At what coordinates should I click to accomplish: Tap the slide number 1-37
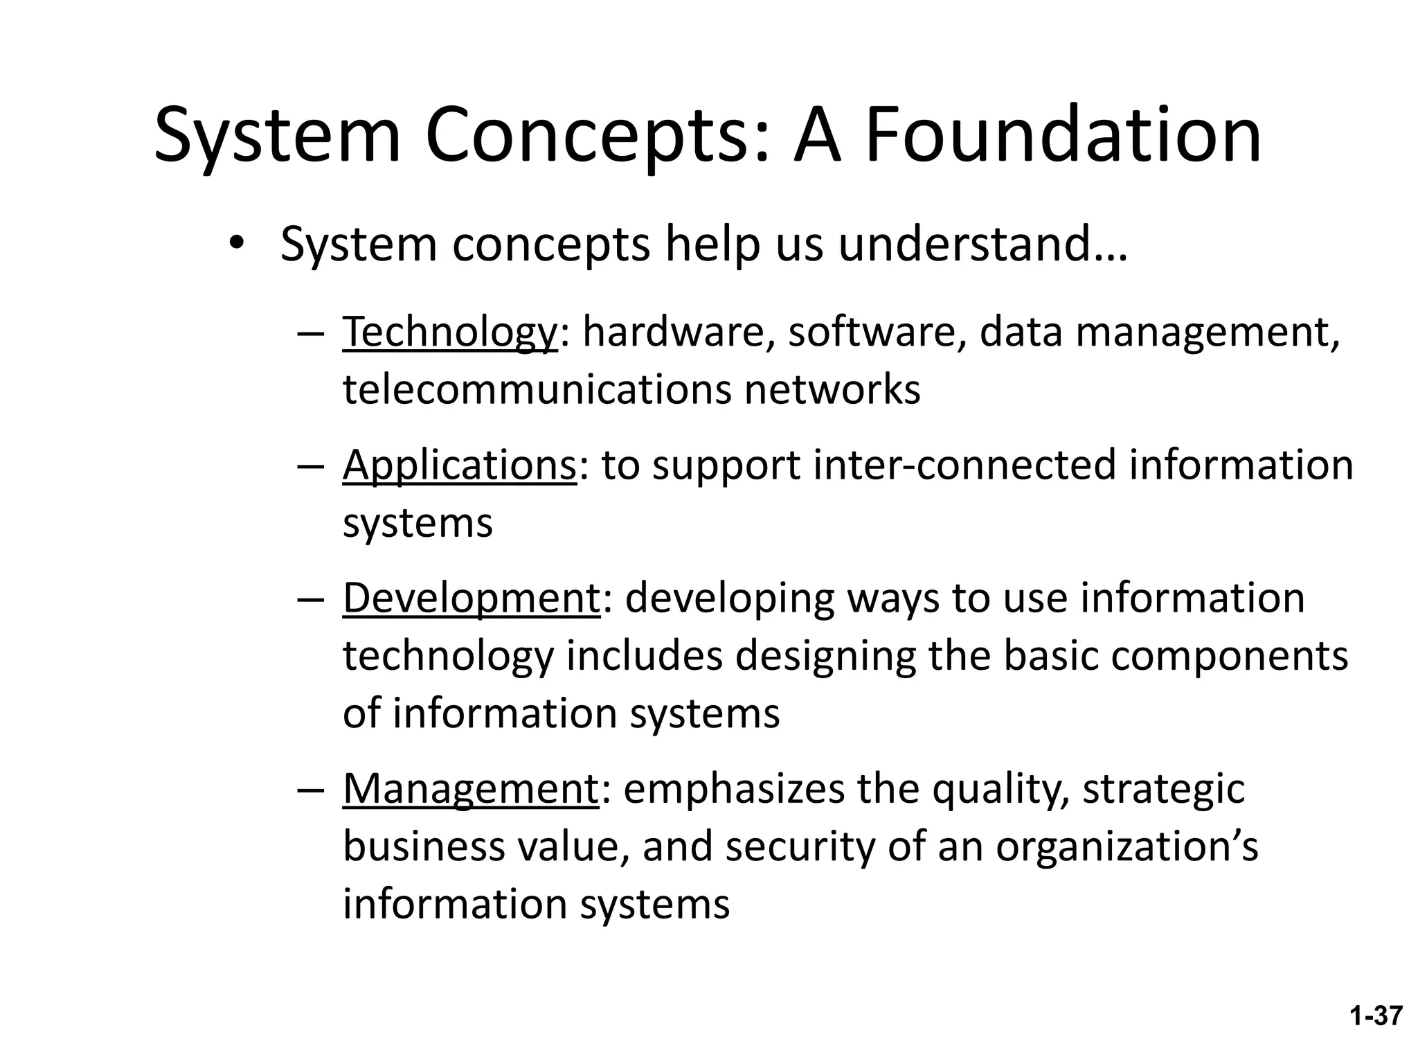pyautogui.click(x=1376, y=1016)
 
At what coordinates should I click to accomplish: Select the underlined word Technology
pyautogui.click(x=449, y=332)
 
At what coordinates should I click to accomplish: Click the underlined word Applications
pyautogui.click(x=459, y=465)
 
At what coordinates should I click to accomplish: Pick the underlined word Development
pyautogui.click(x=471, y=598)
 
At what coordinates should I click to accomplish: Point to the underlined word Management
pyautogui.click(x=470, y=789)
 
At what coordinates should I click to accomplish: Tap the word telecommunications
pyautogui.click(x=537, y=389)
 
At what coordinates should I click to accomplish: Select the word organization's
pyautogui.click(x=1127, y=847)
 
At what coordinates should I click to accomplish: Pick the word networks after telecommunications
pyautogui.click(x=832, y=389)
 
